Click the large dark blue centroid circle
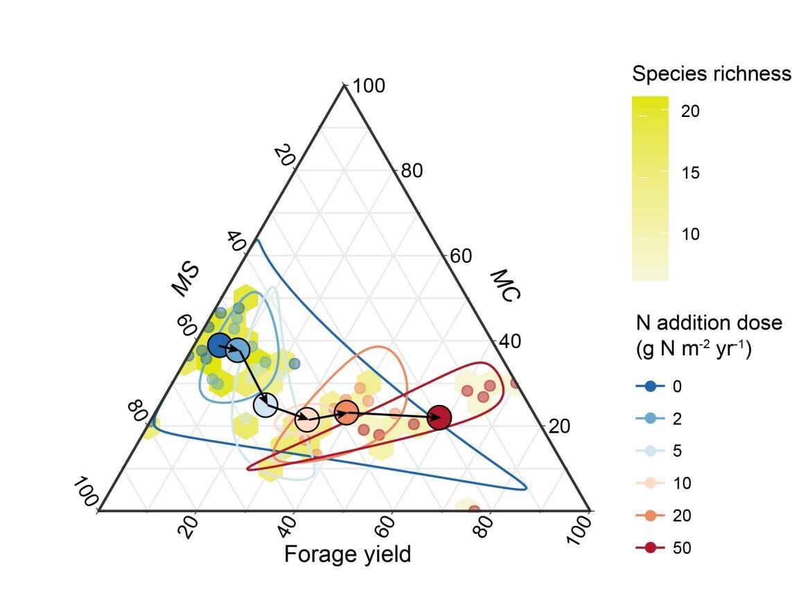point(220,345)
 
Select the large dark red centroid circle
point(439,417)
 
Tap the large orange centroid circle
point(346,413)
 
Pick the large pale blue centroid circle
point(265,406)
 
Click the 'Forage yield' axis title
point(347,554)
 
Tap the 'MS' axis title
point(185,279)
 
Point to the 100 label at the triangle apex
point(369,87)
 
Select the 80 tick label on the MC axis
point(412,170)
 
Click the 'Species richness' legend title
point(711,73)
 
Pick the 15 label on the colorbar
point(690,172)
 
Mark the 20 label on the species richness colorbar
point(690,111)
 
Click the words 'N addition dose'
point(708,323)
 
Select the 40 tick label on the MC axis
point(509,341)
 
